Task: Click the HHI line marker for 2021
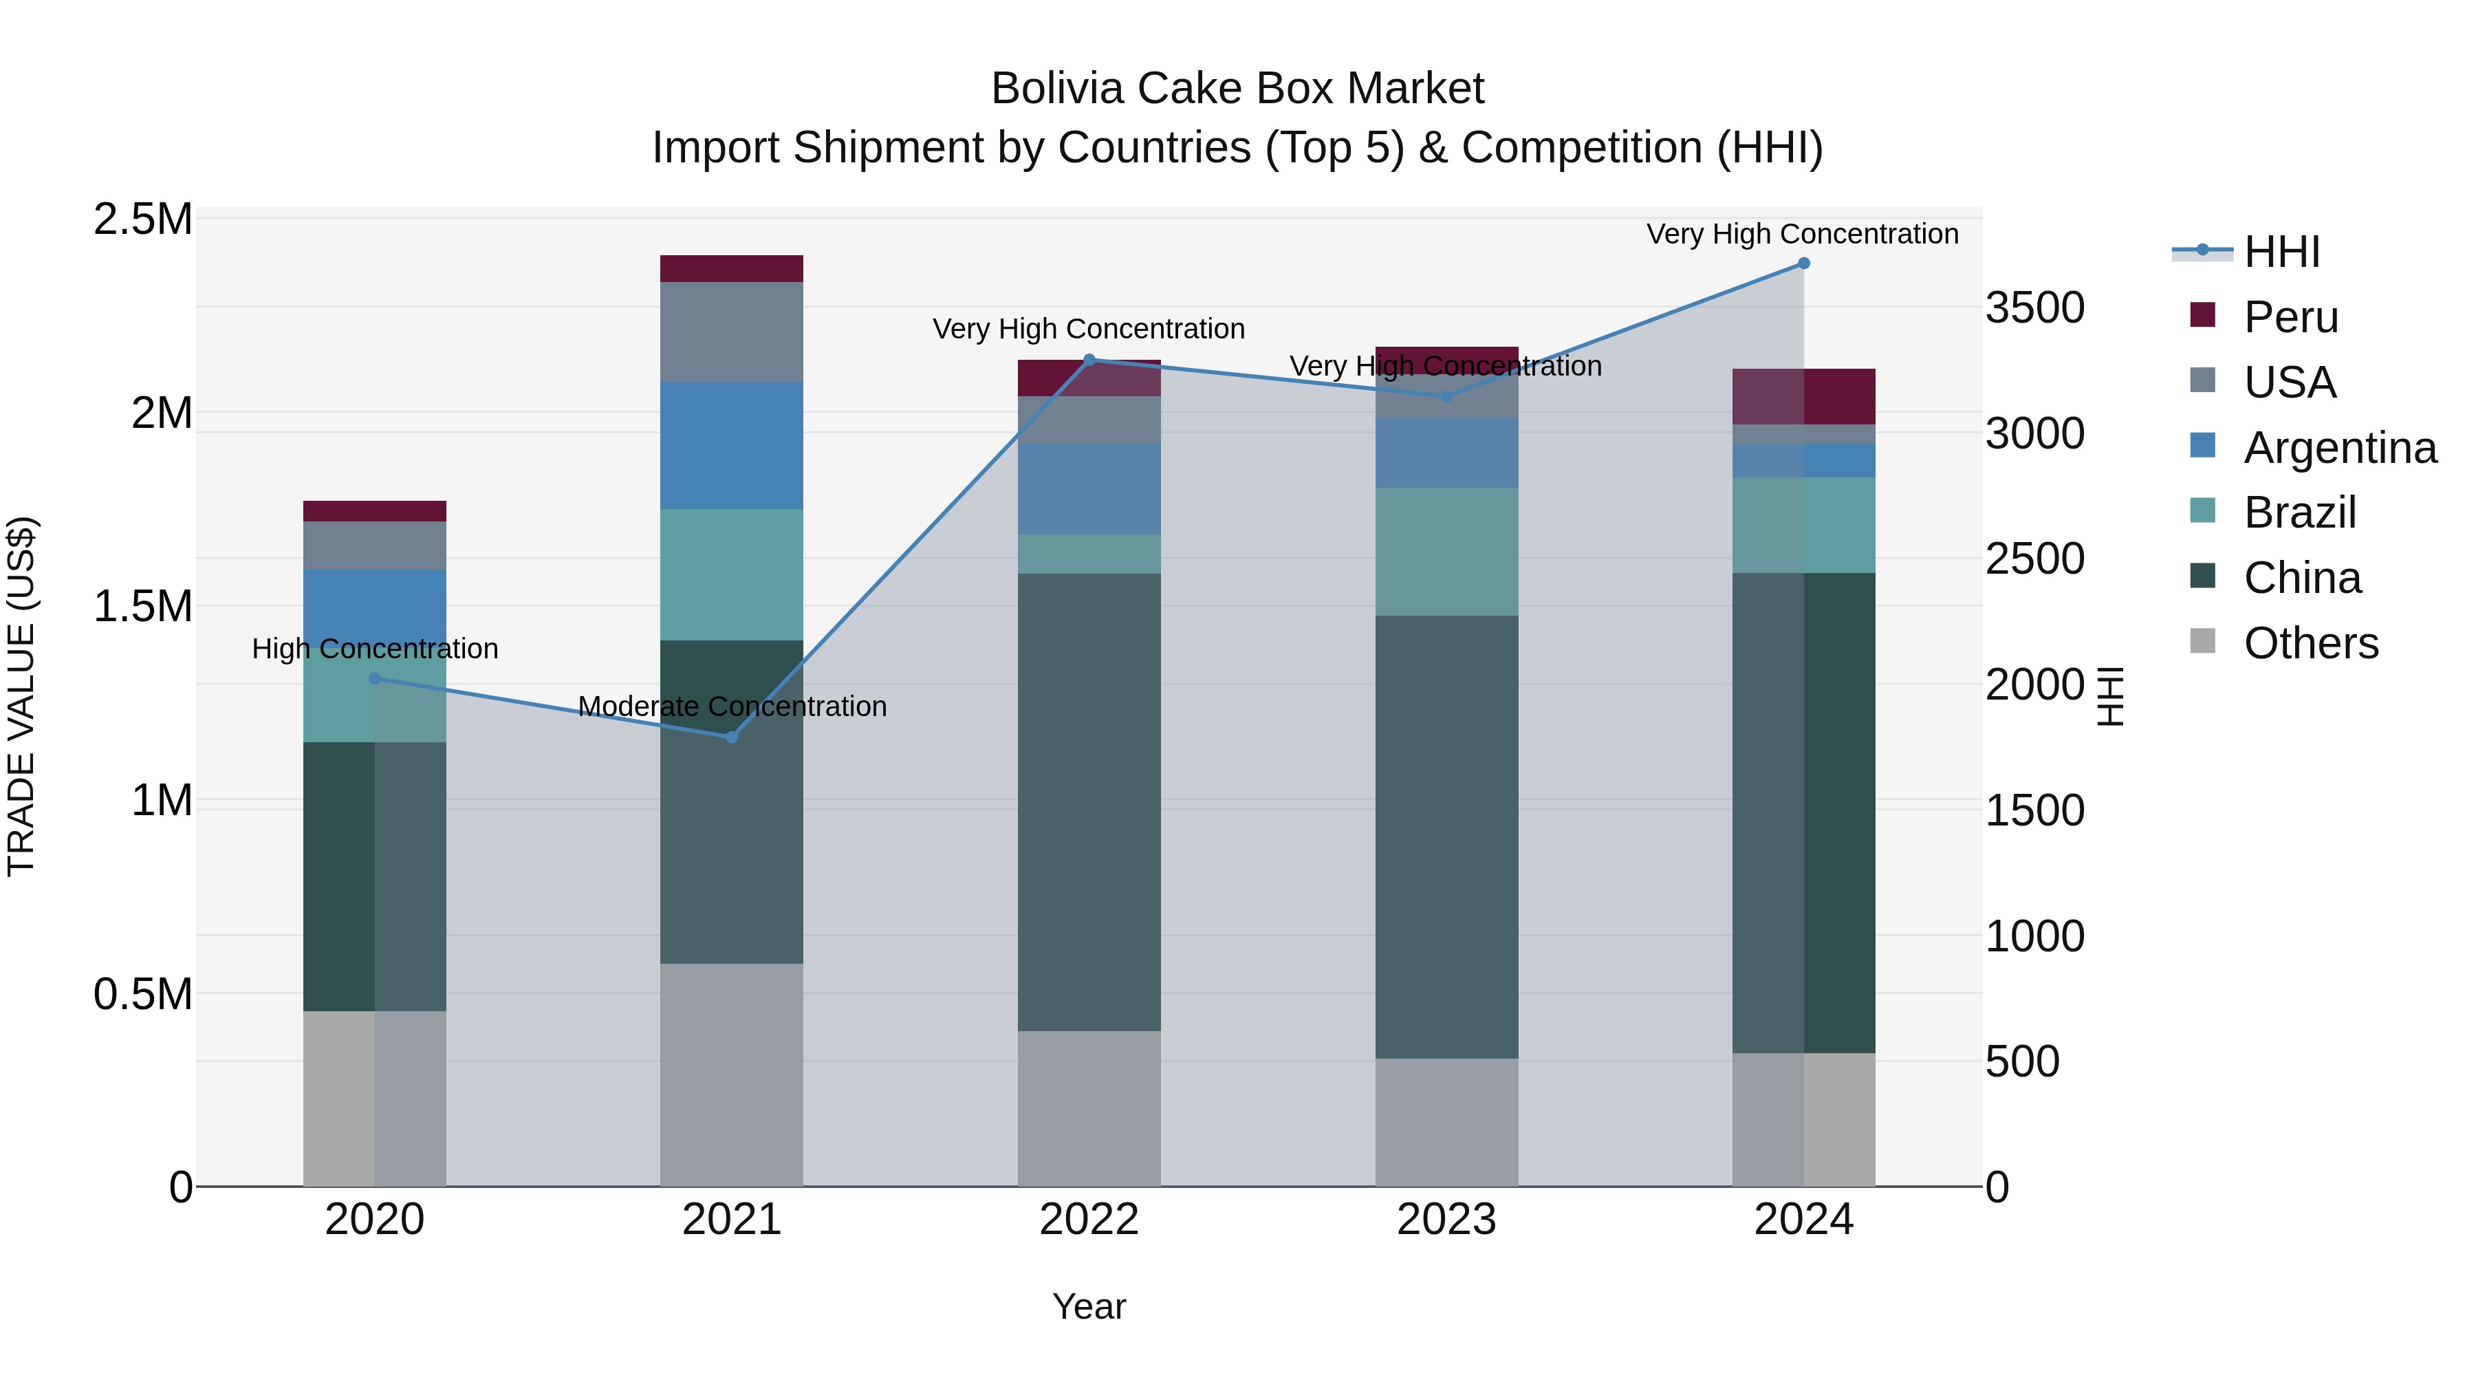732,737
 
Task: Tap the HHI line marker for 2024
1803,263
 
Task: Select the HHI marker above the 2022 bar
1089,360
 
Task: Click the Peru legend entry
2290,317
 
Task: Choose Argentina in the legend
2340,448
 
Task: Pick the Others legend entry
2311,643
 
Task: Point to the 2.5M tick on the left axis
142,220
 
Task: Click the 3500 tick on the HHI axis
2035,309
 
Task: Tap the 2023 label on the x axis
1446,1220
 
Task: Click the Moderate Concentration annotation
732,706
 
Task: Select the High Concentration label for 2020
375,649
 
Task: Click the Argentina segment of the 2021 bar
732,445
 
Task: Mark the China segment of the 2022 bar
1089,802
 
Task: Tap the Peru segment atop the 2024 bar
1803,396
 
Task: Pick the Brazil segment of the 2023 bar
1446,551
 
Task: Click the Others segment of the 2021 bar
732,1075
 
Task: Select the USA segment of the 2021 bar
732,332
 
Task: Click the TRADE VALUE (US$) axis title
21,696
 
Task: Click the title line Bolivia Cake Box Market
1237,89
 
